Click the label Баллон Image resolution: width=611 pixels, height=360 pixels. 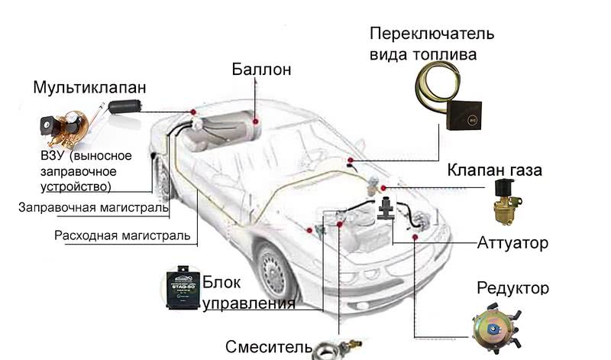[x=262, y=70]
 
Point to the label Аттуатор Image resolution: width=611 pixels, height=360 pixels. [x=512, y=244]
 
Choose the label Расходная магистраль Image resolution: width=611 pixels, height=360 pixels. [x=122, y=235]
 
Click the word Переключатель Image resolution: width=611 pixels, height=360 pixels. [x=432, y=34]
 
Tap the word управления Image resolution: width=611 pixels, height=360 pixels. [x=249, y=303]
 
